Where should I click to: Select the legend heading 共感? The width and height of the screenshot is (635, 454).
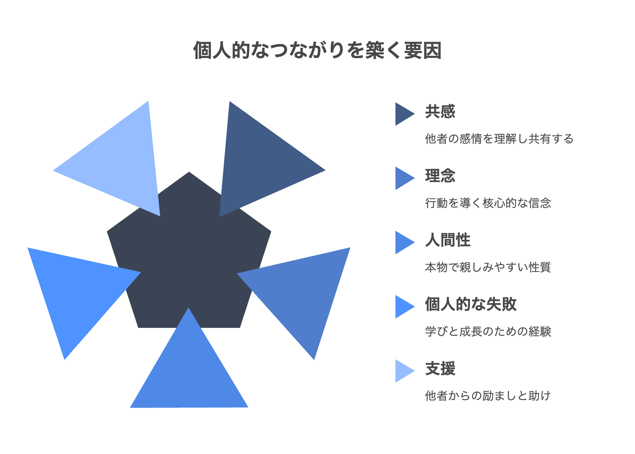(440, 112)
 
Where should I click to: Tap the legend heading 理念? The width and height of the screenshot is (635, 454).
(440, 176)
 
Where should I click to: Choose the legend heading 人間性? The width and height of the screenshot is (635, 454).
(448, 240)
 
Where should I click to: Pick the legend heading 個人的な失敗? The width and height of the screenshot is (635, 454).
(471, 304)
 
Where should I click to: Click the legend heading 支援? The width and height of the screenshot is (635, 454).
(440, 369)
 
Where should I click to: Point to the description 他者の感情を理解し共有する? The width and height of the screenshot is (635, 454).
(499, 138)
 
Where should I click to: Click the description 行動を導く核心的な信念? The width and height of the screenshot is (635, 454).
(488, 203)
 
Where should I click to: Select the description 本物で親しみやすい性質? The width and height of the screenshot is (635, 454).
(488, 267)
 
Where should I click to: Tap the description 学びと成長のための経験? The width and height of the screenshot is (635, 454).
(488, 331)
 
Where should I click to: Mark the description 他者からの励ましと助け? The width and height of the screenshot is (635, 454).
(488, 395)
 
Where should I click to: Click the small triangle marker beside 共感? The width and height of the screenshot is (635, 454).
(403, 114)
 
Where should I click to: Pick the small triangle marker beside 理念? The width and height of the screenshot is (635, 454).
(403, 178)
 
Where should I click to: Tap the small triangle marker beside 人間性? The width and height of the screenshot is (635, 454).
(403, 242)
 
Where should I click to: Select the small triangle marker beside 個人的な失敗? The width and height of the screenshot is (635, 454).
(403, 307)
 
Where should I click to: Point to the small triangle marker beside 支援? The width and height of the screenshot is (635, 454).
(403, 371)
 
